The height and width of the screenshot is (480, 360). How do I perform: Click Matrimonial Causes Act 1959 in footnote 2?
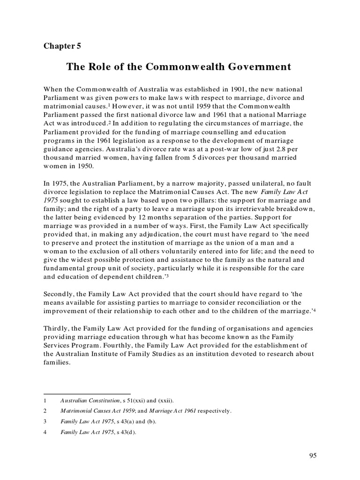94,411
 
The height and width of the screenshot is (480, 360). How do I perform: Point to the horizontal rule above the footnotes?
87,394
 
